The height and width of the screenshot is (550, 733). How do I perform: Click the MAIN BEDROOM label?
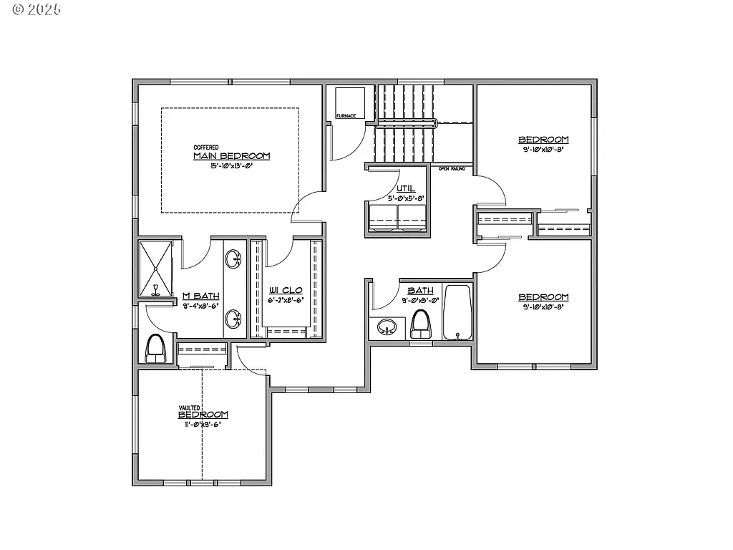click(231, 156)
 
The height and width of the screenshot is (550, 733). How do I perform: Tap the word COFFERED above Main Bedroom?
click(206, 148)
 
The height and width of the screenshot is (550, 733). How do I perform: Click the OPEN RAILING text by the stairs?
click(452, 169)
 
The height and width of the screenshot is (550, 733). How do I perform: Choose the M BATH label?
click(200, 296)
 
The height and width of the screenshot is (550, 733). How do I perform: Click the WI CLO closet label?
click(286, 291)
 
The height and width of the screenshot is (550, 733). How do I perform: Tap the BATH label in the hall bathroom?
click(420, 290)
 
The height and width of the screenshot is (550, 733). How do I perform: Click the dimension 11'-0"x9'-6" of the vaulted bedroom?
click(203, 424)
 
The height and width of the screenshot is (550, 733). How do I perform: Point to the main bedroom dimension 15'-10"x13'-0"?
click(231, 166)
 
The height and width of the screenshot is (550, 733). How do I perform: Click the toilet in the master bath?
click(155, 349)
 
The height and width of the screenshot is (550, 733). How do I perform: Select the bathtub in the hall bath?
click(457, 312)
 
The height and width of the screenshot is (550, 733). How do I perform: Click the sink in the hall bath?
click(387, 328)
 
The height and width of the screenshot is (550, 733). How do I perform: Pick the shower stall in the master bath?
click(155, 269)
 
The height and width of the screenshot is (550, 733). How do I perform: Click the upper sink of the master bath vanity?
click(233, 259)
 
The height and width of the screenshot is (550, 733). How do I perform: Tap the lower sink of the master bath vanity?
click(233, 318)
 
